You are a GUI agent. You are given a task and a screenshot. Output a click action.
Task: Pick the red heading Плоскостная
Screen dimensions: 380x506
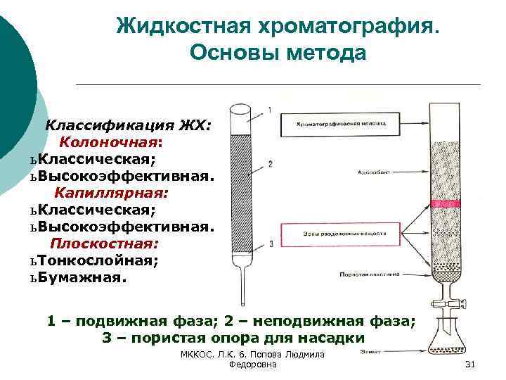click(105, 243)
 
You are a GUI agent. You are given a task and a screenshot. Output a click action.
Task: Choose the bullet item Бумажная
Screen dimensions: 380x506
click(83, 277)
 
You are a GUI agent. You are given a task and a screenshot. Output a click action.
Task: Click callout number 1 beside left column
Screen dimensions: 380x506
click(270, 110)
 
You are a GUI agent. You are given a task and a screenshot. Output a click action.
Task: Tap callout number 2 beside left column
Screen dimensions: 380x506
click(270, 164)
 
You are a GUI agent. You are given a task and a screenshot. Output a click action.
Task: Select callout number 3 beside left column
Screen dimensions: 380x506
click(270, 243)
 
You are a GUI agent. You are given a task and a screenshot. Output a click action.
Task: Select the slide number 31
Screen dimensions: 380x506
click(471, 364)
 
